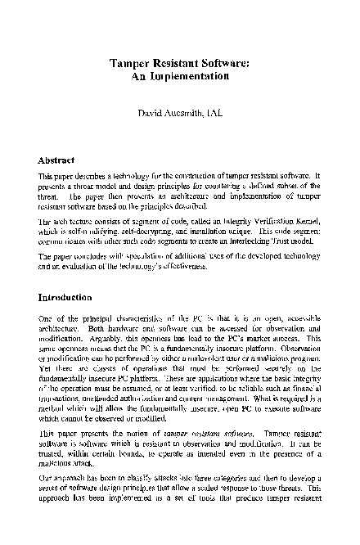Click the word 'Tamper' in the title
click(129, 61)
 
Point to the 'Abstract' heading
click(62, 160)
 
